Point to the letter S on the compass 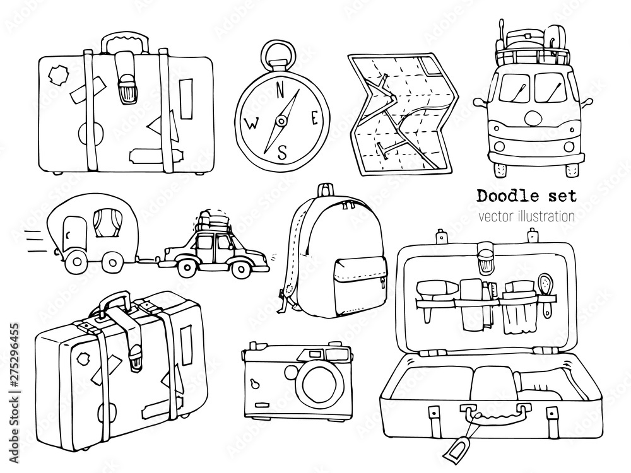coord(283,151)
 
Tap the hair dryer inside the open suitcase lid coord(437,288)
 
